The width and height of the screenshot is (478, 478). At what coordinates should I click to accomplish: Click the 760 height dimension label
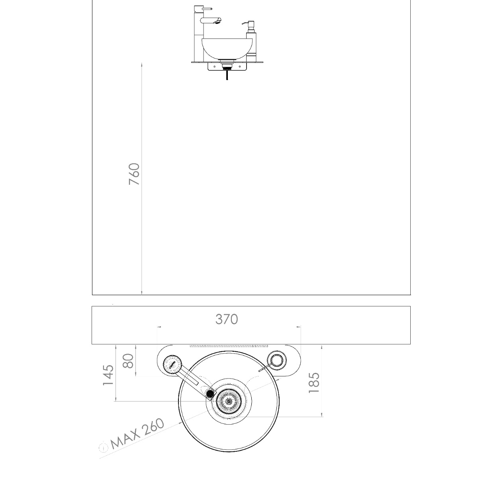[x=135, y=174]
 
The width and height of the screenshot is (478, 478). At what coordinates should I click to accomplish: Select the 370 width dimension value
[x=227, y=319]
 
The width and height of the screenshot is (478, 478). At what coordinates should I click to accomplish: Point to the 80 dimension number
[x=128, y=361]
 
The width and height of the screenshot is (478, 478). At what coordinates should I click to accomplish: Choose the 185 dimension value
[x=314, y=383]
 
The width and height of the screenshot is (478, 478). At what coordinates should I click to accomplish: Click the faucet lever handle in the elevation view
[x=207, y=9]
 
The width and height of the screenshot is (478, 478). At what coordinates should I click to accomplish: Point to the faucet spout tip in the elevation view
[x=218, y=22]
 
